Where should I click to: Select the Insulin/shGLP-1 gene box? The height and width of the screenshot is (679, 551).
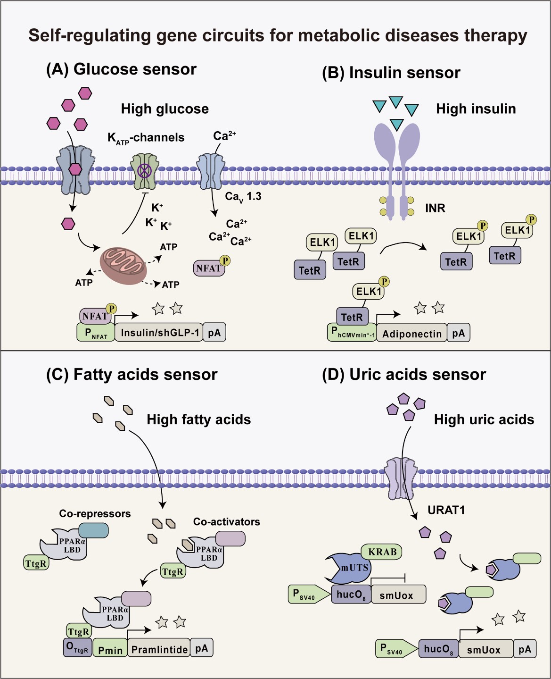click(159, 333)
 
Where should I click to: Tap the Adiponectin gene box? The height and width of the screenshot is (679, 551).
click(411, 334)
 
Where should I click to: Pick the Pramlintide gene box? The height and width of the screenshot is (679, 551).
click(159, 649)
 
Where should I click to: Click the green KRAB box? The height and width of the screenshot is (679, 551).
click(382, 552)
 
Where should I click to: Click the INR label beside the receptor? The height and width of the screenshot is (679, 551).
click(435, 208)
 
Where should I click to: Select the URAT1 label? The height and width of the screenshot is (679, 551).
click(446, 510)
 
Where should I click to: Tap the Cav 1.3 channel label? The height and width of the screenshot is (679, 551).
click(243, 197)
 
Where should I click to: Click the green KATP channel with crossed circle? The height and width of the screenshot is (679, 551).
click(145, 170)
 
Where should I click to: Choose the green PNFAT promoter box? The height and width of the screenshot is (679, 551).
click(96, 333)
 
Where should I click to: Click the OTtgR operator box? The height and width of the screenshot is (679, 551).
click(77, 648)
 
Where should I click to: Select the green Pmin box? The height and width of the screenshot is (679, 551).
click(110, 650)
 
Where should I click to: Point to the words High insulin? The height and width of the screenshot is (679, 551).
click(476, 109)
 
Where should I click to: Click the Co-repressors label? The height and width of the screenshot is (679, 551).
click(95, 514)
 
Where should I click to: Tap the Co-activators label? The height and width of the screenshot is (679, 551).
click(226, 522)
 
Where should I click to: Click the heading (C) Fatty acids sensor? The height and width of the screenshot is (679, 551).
click(132, 375)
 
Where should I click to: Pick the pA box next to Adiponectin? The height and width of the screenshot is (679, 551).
click(458, 333)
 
